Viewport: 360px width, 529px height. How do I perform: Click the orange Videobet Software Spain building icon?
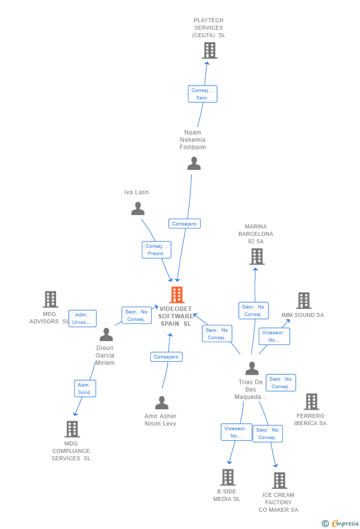(x=177, y=295)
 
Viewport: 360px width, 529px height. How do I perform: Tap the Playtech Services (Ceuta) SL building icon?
(x=210, y=50)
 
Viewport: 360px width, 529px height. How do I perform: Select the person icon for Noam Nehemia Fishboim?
(x=194, y=164)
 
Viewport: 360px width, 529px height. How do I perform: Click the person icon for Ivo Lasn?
(x=137, y=209)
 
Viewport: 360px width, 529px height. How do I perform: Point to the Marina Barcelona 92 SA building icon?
(x=257, y=257)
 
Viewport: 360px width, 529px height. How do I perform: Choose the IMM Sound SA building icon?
(x=304, y=301)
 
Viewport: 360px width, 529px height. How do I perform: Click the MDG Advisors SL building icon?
(x=50, y=300)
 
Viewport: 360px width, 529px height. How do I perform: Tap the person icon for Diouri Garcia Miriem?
(x=106, y=335)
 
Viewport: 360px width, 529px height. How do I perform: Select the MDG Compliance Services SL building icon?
(x=72, y=429)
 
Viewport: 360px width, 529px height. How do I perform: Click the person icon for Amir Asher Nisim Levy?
(x=162, y=403)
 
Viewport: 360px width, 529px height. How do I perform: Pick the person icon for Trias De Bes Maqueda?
(x=252, y=369)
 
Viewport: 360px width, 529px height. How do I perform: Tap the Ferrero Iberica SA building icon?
(x=311, y=402)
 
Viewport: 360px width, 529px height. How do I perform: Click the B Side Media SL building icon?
(x=227, y=477)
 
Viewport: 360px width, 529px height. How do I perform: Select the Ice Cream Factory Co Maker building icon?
(x=279, y=481)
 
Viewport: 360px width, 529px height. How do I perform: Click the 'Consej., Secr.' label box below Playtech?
(x=202, y=94)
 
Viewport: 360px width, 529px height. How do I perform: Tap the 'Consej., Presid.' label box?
(x=156, y=250)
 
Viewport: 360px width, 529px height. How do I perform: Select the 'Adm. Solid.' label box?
(x=85, y=389)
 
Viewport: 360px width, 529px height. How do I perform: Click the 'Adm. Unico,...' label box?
(x=82, y=318)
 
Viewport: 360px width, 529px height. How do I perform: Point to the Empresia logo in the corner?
(x=341, y=523)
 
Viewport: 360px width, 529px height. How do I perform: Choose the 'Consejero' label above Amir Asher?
(x=166, y=356)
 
